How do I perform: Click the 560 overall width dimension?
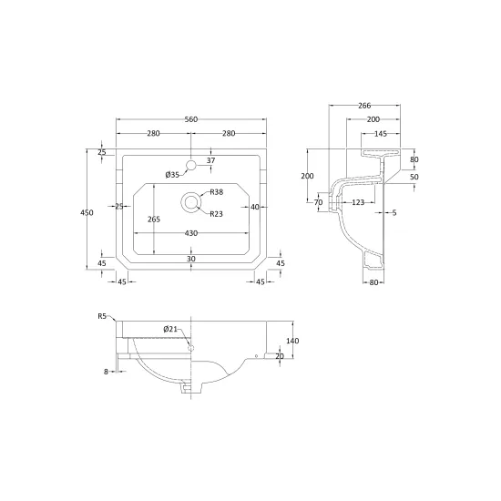[191, 119]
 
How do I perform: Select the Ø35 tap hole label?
[172, 175]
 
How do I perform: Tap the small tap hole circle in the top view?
[191, 165]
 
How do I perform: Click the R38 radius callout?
[216, 192]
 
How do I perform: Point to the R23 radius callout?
[216, 214]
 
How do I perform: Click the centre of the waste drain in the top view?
[191, 202]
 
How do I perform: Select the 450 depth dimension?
[87, 212]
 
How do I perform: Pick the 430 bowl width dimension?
[191, 233]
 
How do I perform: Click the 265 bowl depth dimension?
[154, 220]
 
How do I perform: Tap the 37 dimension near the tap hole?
[211, 160]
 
